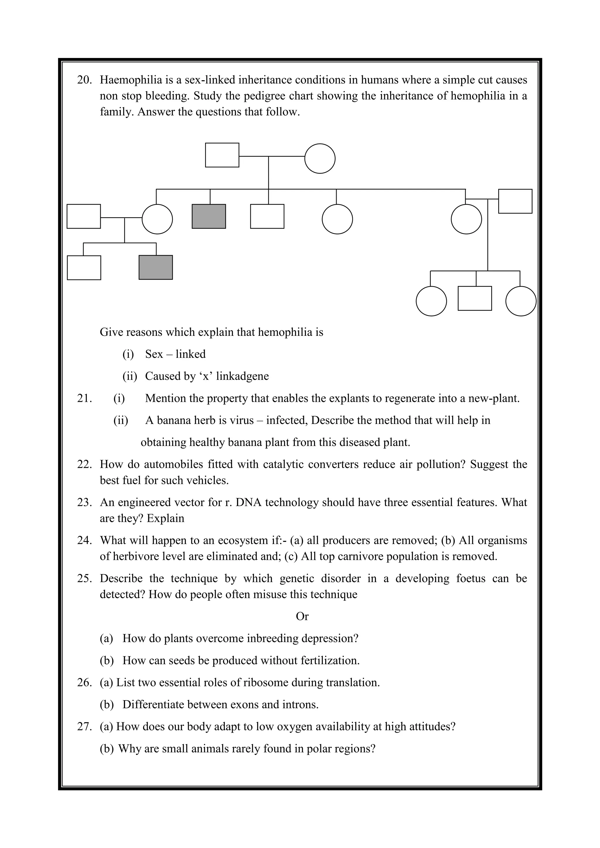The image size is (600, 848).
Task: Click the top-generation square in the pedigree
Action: click(x=222, y=155)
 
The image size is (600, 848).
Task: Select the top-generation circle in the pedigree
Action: click(x=320, y=158)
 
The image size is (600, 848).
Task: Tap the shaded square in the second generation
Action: click(x=209, y=216)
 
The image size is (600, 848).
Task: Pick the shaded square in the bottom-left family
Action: click(x=156, y=267)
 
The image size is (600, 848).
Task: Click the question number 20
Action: click(x=84, y=80)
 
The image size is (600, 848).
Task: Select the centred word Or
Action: click(x=302, y=616)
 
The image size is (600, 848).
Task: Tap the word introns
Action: click(x=300, y=705)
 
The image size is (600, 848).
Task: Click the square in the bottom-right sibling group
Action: click(x=475, y=298)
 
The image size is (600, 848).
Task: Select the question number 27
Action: click(x=84, y=726)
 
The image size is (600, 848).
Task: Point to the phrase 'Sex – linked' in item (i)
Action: click(x=175, y=354)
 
